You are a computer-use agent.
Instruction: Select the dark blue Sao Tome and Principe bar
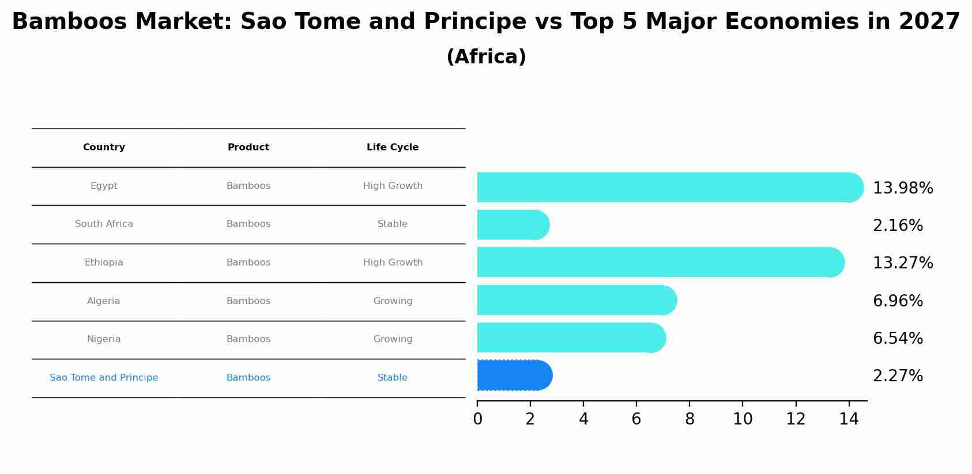tap(513, 376)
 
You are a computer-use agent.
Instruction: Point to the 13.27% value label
tap(902, 263)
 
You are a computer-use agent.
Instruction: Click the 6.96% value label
tap(898, 301)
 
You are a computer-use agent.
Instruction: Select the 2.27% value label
tap(898, 376)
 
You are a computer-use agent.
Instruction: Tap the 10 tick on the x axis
tap(743, 419)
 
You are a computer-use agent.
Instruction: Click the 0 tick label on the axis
tap(477, 419)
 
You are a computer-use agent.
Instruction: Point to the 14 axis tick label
tap(849, 419)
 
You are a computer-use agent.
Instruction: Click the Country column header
tap(104, 147)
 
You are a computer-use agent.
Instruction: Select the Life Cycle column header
tap(393, 147)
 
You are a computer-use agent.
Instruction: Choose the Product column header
tap(248, 147)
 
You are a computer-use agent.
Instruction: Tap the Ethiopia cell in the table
tap(104, 263)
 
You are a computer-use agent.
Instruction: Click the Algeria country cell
tap(104, 301)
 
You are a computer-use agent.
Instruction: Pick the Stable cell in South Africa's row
tap(393, 224)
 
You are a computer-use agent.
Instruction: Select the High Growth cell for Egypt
tap(393, 186)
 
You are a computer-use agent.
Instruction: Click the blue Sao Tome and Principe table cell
tap(104, 378)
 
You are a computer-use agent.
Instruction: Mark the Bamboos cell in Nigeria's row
tap(248, 339)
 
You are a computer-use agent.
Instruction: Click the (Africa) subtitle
tap(486, 57)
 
